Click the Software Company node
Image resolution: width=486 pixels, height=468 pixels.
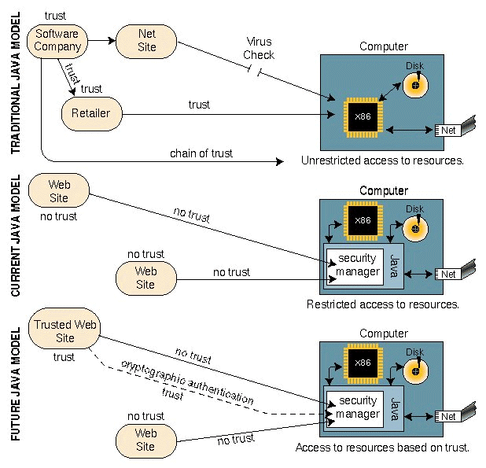57,40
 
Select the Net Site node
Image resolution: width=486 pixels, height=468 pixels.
146,40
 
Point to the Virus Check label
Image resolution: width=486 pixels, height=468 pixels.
259,48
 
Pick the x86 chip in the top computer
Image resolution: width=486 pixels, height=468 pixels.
363,116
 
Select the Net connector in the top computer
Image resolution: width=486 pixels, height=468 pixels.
447,130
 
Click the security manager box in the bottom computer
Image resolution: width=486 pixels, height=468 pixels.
352,407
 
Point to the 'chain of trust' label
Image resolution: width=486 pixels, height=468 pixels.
201,153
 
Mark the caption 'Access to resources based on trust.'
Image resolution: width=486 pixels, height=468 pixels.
382,448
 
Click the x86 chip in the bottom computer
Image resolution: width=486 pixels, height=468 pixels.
363,363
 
